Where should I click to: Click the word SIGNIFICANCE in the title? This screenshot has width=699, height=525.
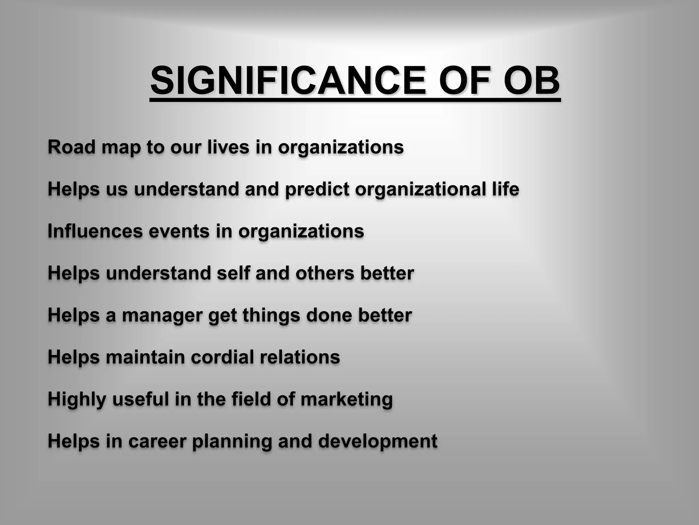[x=288, y=81]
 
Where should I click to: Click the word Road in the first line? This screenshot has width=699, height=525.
[x=71, y=147]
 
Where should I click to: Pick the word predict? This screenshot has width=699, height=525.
[x=317, y=189]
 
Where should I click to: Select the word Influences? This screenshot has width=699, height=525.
[x=95, y=231]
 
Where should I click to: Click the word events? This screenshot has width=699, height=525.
[x=179, y=231]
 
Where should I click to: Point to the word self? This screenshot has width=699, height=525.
[x=233, y=273]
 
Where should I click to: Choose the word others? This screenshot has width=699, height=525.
[x=325, y=273]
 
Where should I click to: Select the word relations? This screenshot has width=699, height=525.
[x=300, y=357]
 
